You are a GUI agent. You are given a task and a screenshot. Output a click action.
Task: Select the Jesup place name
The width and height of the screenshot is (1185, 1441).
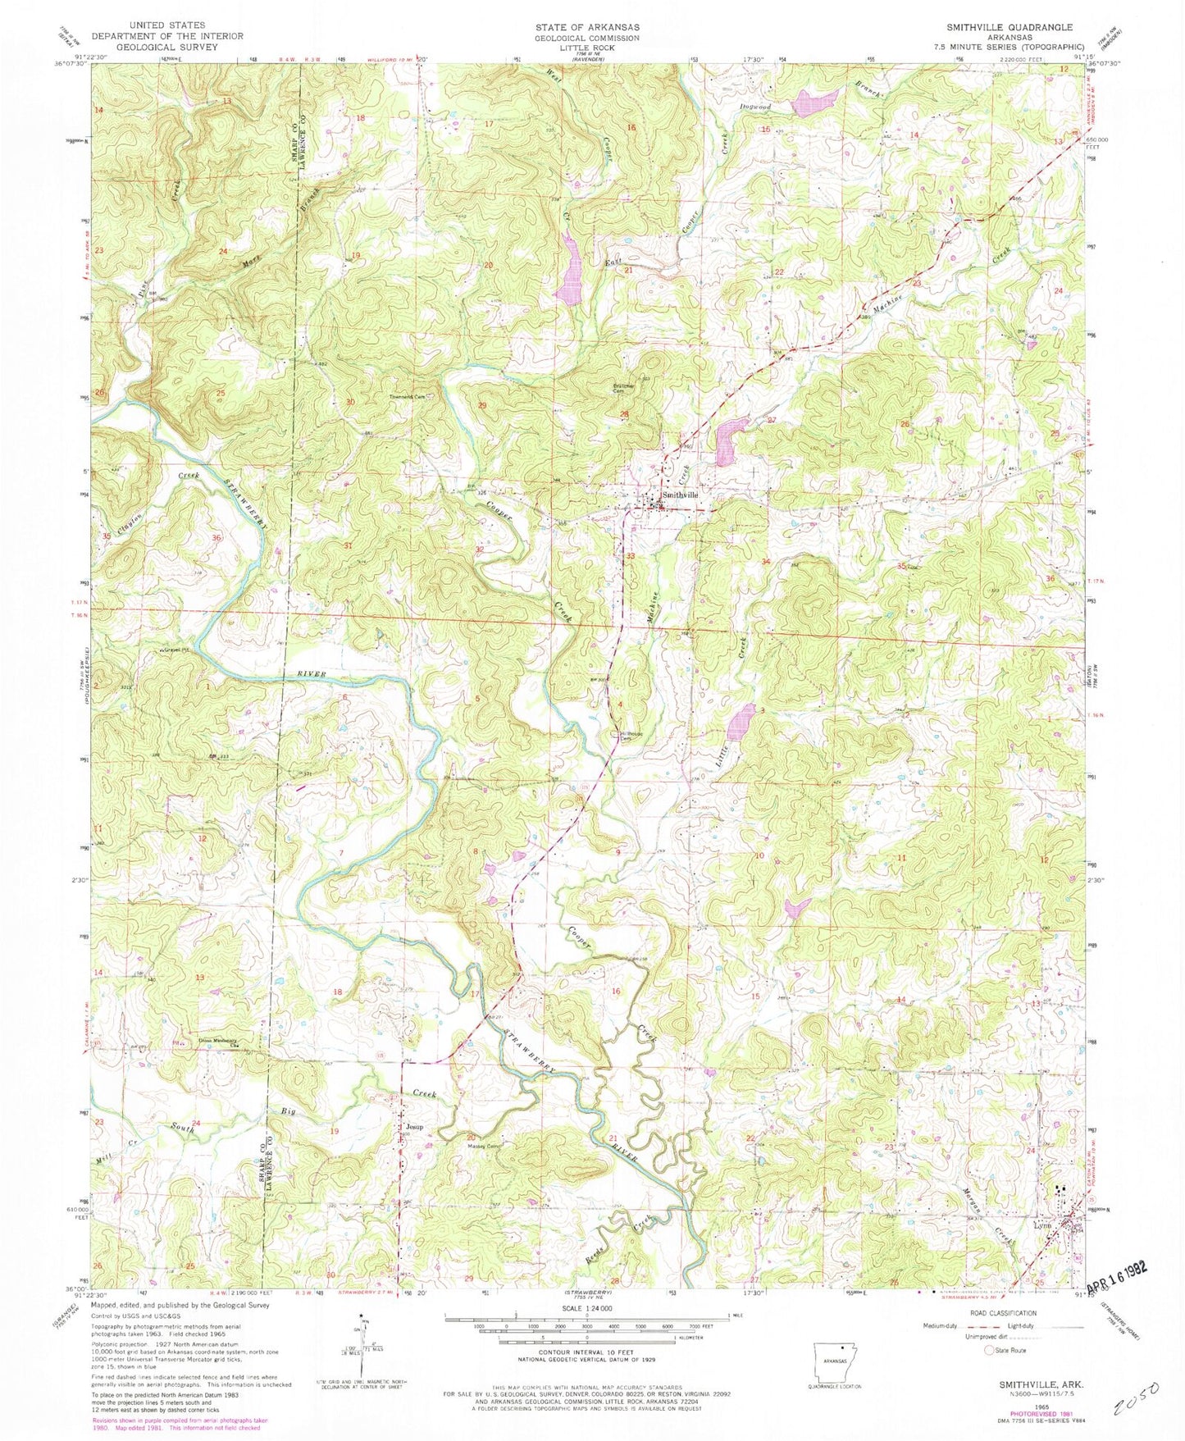[x=414, y=1127]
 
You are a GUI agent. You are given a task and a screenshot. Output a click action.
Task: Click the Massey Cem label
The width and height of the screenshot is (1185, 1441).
[x=484, y=1146]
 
